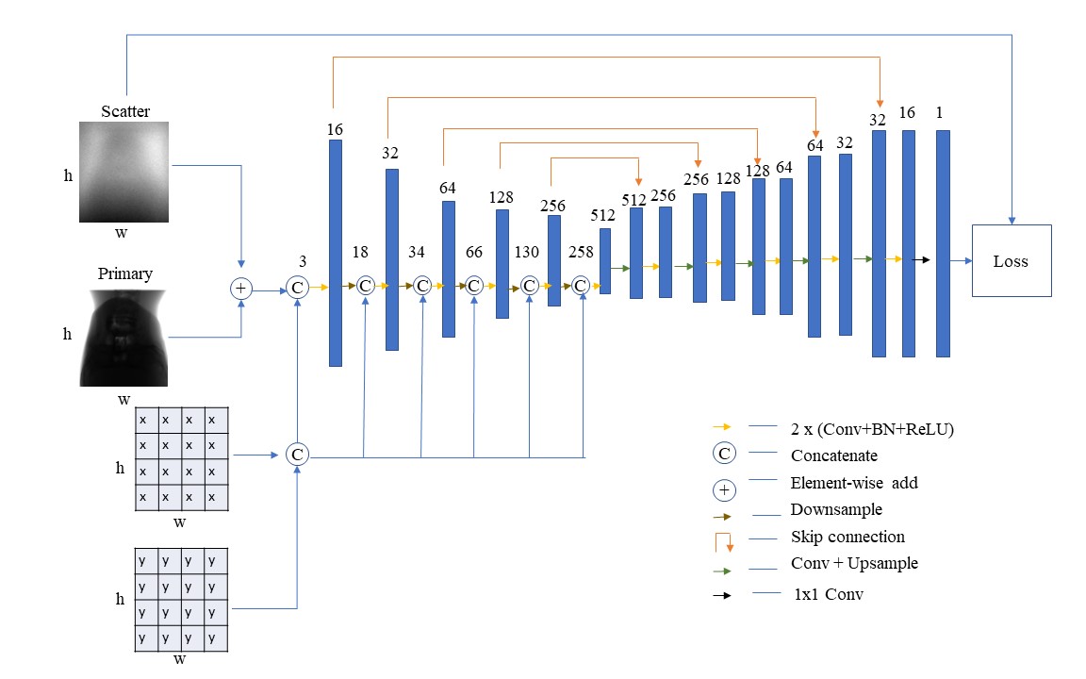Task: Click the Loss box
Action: pos(1011,261)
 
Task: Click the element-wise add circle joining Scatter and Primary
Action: pos(241,288)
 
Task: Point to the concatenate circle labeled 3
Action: pos(297,288)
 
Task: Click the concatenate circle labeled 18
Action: pos(365,285)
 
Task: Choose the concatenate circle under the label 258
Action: pos(580,285)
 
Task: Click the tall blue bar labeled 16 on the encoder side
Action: pos(336,253)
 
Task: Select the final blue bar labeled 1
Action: pos(943,243)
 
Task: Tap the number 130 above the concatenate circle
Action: pos(527,252)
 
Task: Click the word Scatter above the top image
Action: pos(125,111)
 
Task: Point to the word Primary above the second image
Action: pos(125,274)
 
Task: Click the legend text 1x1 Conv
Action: pos(829,595)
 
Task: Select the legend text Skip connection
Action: pos(847,537)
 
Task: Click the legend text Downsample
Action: pos(836,509)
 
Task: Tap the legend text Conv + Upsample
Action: pos(854,564)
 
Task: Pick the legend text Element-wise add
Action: pos(854,483)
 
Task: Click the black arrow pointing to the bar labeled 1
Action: pos(923,258)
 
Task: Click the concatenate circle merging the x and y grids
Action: pos(297,455)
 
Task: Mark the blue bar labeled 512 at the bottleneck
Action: pos(604,261)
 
